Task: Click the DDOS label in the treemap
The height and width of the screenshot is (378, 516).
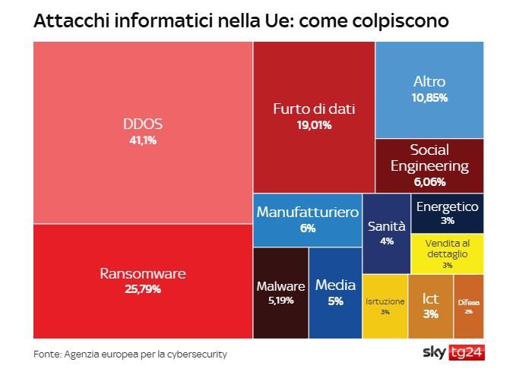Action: pos(143,124)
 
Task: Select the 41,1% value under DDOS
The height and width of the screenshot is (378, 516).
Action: pos(143,140)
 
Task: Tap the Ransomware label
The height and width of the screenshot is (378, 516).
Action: pos(143,273)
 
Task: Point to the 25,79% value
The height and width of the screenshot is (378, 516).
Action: pos(143,288)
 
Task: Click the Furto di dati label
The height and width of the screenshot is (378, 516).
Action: pos(314,109)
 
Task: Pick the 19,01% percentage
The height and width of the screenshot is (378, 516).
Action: pos(314,125)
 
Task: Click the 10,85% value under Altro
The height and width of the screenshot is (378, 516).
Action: pos(429,98)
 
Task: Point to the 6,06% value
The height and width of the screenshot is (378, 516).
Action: pos(429,181)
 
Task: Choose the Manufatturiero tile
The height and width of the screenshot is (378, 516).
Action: pos(307,220)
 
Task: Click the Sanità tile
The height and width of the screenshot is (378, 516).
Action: pos(387,233)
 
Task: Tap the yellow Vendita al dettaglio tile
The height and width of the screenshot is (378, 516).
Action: pos(447,254)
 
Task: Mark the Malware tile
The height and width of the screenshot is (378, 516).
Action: pos(280,293)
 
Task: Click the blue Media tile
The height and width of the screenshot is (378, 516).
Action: pos(335,293)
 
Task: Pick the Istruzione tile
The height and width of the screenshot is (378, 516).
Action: pos(385,306)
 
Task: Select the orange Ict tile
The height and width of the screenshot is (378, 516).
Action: pos(431,306)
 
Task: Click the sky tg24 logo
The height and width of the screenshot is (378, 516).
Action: pos(453,353)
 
